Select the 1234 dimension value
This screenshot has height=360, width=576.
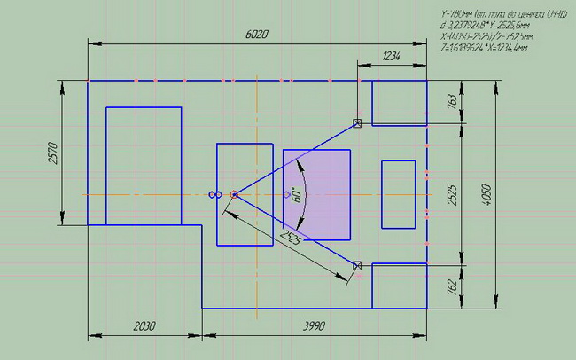pyautogui.click(x=392, y=56)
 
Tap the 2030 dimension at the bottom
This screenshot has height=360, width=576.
pyautogui.click(x=144, y=325)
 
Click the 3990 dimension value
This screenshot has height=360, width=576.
pyautogui.click(x=314, y=325)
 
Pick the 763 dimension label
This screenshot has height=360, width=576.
pyautogui.click(x=450, y=102)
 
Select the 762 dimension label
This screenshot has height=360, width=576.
pyautogui.click(x=450, y=286)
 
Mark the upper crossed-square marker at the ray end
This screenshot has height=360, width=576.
pyautogui.click(x=357, y=123)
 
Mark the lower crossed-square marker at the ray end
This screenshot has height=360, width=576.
pyautogui.click(x=357, y=265)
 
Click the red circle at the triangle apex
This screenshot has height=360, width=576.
pyautogui.click(x=234, y=194)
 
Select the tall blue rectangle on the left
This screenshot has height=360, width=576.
pyautogui.click(x=144, y=166)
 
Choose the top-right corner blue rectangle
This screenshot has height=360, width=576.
pyautogui.click(x=399, y=103)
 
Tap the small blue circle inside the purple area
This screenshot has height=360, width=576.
pyautogui.click(x=286, y=194)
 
